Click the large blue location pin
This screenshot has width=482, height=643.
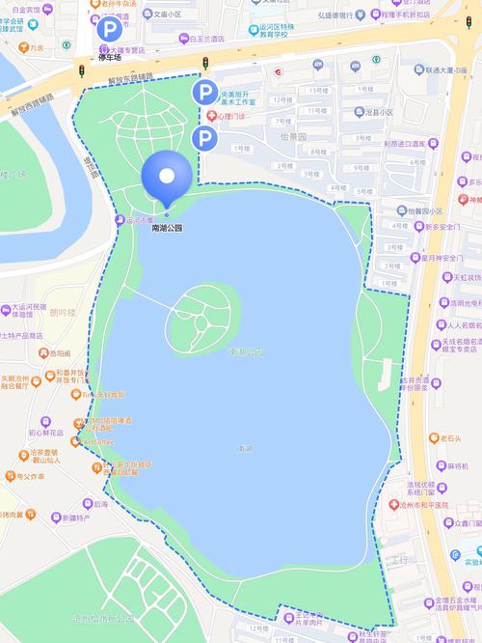[166, 177]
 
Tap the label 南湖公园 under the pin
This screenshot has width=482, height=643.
[166, 228]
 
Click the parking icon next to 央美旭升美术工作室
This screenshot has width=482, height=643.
[204, 93]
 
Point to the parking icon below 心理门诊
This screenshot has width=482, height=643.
[203, 139]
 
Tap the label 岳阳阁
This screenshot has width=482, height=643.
[62, 353]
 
